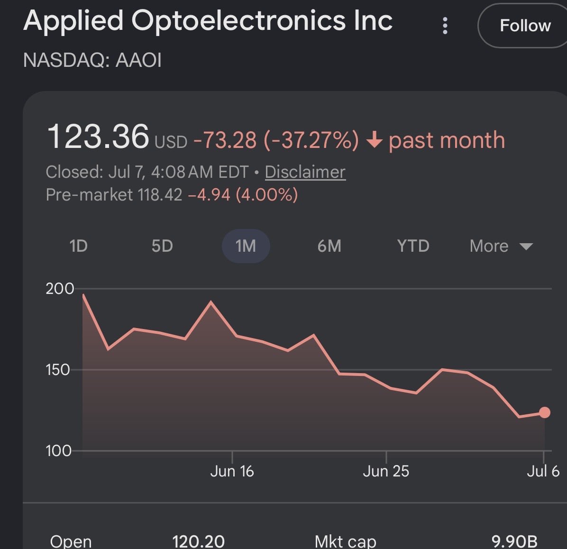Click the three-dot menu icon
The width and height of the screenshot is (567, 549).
click(445, 26)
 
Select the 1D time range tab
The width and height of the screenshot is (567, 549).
click(79, 246)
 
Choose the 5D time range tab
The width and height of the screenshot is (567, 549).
click(162, 246)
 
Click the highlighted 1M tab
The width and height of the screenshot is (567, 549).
click(246, 246)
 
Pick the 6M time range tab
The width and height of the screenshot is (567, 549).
click(329, 246)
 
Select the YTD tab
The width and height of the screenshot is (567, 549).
click(413, 246)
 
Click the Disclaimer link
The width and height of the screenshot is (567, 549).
click(305, 172)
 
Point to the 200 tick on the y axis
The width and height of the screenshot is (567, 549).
click(60, 289)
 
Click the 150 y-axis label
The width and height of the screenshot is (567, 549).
click(58, 370)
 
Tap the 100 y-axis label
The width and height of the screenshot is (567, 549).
click(58, 451)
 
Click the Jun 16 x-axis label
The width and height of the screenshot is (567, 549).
click(232, 471)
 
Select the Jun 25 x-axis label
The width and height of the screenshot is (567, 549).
click(386, 471)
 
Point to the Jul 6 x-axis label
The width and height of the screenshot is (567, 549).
click(543, 471)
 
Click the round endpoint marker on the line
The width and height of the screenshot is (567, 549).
click(545, 412)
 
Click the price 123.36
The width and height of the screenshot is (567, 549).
click(98, 137)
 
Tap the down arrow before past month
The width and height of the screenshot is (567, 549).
click(374, 139)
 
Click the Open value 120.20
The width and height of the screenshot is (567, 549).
click(199, 541)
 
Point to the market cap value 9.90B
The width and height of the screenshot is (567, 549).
click(514, 541)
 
